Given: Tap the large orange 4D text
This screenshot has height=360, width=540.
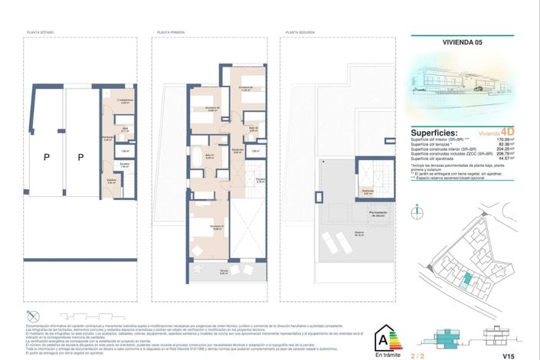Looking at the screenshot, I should click(x=506, y=131).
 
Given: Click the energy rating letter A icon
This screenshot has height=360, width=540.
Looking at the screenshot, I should click(x=381, y=337).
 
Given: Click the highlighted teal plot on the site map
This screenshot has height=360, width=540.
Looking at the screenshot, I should click(x=464, y=280).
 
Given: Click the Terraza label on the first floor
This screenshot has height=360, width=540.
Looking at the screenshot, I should click(x=202, y=271).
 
